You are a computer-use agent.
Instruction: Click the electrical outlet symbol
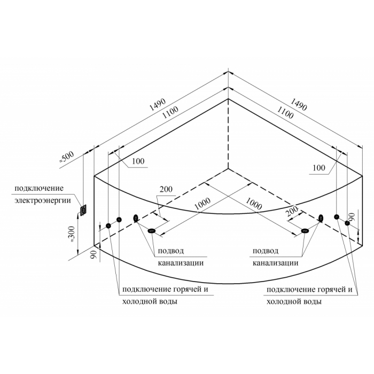point(83,211)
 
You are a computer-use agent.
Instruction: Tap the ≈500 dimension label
point(67,157)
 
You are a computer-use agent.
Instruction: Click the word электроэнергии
point(43,200)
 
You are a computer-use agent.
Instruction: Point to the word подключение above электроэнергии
point(39,188)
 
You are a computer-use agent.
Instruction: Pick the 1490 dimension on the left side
point(157,105)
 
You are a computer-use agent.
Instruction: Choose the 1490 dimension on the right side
point(298,105)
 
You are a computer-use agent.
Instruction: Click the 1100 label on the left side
point(170,113)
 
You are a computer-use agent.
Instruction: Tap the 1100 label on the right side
point(285,113)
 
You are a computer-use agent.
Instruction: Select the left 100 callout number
point(138,161)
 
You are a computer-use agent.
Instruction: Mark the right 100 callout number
point(319,168)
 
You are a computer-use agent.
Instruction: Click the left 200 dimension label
point(166,189)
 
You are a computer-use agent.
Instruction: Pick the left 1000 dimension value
point(202,204)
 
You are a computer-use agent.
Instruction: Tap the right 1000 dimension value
point(254,204)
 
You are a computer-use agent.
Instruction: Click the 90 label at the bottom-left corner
point(93,255)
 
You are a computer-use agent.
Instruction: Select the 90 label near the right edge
point(353,217)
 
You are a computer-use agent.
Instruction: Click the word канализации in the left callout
point(181,263)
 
